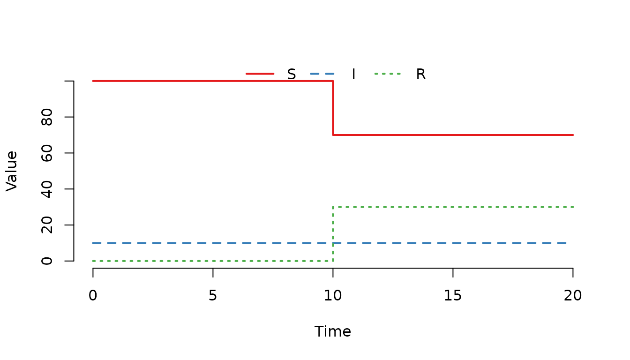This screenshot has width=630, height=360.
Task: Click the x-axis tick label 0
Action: click(x=93, y=296)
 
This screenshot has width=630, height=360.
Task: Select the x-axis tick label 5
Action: click(x=213, y=296)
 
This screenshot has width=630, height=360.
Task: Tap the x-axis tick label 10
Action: click(x=333, y=296)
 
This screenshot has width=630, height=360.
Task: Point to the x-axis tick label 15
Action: click(x=453, y=296)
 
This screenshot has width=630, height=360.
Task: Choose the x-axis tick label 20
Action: click(x=573, y=296)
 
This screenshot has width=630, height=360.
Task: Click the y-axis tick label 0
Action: click(x=47, y=261)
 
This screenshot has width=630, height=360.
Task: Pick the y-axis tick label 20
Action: click(x=47, y=225)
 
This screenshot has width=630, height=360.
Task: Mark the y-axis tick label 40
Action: click(x=47, y=189)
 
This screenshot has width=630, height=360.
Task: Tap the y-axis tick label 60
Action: click(x=47, y=153)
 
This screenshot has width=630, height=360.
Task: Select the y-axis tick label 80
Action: click(x=47, y=117)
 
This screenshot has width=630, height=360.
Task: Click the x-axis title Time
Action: click(x=333, y=331)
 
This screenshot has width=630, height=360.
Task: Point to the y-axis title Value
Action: click(x=12, y=171)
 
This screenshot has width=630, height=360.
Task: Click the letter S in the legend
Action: click(x=292, y=74)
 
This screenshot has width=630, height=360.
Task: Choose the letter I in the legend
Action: click(x=353, y=74)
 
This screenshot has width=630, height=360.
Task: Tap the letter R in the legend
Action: click(x=421, y=74)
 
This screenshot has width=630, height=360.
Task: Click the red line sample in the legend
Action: click(x=260, y=74)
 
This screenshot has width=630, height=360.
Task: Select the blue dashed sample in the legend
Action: click(x=322, y=74)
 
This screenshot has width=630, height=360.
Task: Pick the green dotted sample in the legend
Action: click(x=388, y=74)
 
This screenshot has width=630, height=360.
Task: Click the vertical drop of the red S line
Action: click(x=333, y=108)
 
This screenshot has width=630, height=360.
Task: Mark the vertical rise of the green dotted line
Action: click(x=333, y=234)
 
